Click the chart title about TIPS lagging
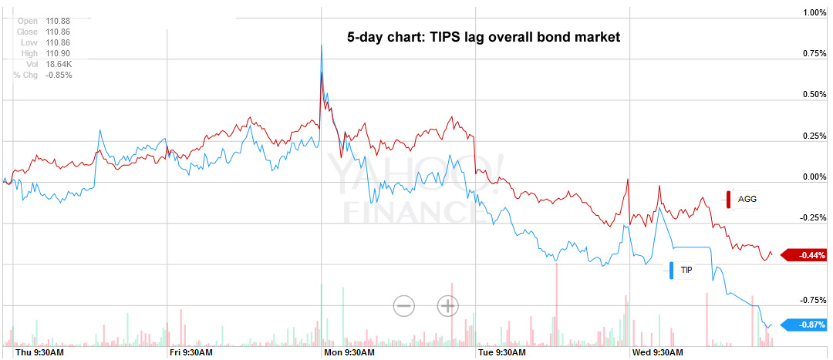pyautogui.click(x=484, y=37)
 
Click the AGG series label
pyautogui.click(x=747, y=199)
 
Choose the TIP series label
pyautogui.click(x=686, y=271)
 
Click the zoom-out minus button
pyautogui.click(x=404, y=306)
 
